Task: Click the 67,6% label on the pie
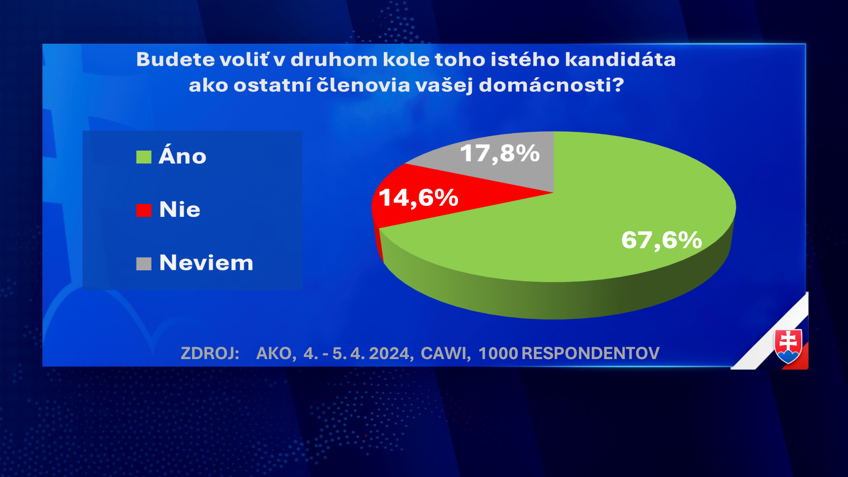[661, 240]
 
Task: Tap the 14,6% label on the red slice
[418, 198]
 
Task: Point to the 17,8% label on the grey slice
[500, 154]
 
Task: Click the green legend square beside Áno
[144, 157]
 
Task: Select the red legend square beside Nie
[144, 210]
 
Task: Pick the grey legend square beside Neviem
[144, 264]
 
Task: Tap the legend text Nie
[180, 209]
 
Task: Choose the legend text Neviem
[206, 263]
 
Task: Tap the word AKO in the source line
[274, 353]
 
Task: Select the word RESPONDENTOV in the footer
[591, 353]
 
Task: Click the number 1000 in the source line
[498, 353]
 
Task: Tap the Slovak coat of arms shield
[788, 346]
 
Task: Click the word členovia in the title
[363, 85]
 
